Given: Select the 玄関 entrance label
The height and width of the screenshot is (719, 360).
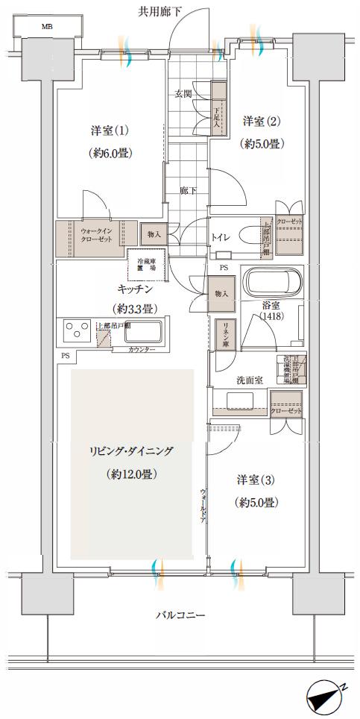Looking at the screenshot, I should [x=183, y=94].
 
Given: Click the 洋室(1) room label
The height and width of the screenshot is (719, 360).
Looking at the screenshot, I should [x=110, y=131].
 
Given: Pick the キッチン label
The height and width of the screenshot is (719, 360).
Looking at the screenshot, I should [x=134, y=289].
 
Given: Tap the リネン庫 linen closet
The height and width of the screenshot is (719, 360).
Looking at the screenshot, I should [x=224, y=333].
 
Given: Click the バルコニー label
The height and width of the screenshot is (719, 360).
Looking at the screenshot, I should [x=180, y=615].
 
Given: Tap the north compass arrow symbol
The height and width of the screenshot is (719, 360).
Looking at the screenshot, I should [x=326, y=699].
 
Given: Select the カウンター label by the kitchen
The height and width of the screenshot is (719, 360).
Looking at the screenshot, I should [x=141, y=349].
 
